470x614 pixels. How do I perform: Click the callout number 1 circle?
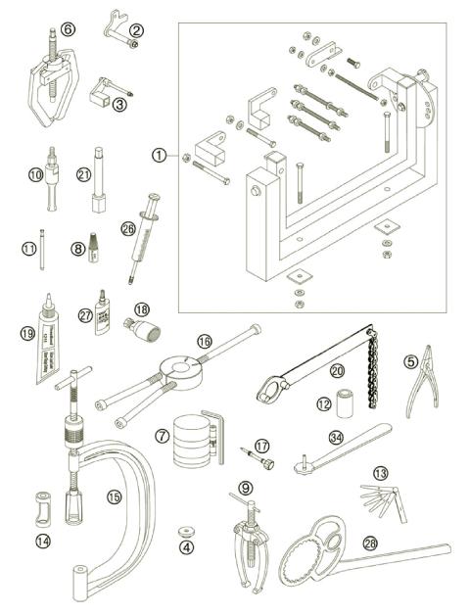(x=160, y=154)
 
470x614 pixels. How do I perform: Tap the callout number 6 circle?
(x=67, y=29)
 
